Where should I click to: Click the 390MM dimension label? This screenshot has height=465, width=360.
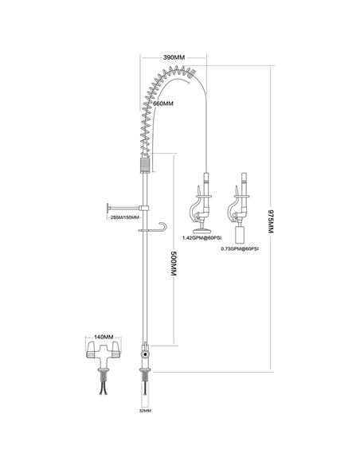coord(175,58)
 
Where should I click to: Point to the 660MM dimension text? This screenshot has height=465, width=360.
coord(164,104)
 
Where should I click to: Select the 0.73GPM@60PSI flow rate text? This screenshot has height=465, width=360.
coord(239,248)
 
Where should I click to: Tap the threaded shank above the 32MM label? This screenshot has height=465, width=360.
coord(144,390)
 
